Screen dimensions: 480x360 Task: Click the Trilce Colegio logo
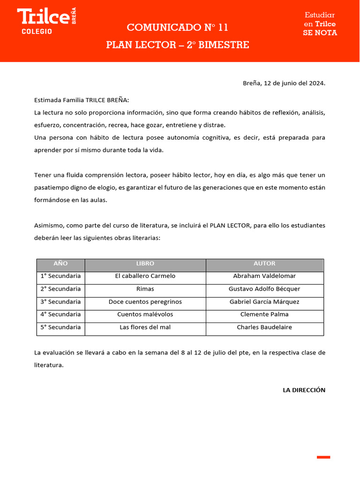coord(46,21)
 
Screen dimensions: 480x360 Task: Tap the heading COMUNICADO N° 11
coord(178,28)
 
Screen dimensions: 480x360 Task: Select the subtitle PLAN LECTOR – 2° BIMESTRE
coord(178,45)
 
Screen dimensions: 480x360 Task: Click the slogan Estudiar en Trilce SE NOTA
coord(320,24)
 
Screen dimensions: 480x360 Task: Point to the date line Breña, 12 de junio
coord(284,83)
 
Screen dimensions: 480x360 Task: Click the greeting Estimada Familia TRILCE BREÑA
coord(82,100)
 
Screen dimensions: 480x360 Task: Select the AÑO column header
coord(60,264)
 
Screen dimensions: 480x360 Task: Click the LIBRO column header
coord(145,264)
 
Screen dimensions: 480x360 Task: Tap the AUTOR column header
coord(264,264)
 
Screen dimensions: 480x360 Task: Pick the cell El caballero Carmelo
coord(145,276)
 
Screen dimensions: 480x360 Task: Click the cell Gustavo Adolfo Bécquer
coord(264,289)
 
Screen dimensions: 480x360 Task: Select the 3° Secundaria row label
coord(60,302)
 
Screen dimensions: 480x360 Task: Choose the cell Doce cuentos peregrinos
coord(145,302)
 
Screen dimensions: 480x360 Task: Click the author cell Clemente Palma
coord(264,315)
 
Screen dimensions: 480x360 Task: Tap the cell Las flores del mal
coord(145,327)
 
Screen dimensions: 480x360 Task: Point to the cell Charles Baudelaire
coord(264,327)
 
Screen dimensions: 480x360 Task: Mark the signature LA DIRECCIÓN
coord(304,390)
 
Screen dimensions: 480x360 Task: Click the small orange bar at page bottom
coord(323,457)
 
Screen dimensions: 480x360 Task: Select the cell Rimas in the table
coord(145,289)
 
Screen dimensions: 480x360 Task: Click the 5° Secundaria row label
coord(60,327)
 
